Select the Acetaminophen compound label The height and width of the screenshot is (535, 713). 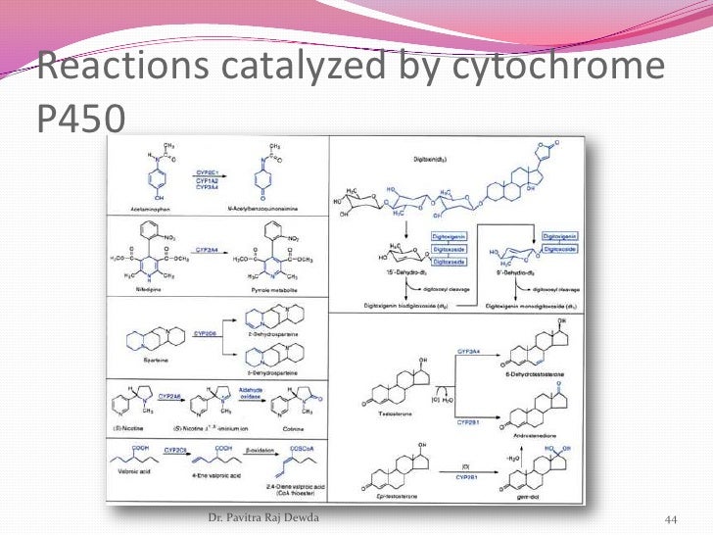click(x=152, y=208)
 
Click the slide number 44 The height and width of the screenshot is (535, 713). click(x=672, y=518)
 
